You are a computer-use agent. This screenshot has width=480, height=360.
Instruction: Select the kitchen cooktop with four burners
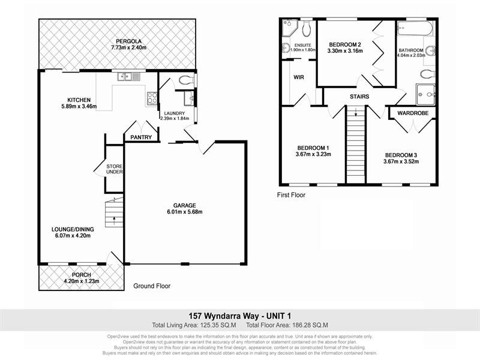[x=151, y=98]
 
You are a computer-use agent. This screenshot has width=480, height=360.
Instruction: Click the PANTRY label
[x=141, y=137]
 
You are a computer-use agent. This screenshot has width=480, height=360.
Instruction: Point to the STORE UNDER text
[x=114, y=169]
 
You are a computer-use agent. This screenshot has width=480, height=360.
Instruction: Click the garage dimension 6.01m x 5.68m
[x=184, y=212]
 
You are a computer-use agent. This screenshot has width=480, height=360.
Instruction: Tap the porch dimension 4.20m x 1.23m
[x=81, y=281]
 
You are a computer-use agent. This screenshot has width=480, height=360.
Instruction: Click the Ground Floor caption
[x=151, y=286]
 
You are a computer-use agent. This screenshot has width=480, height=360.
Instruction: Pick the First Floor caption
[x=291, y=195]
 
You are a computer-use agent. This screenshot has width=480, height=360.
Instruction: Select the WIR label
[x=299, y=77]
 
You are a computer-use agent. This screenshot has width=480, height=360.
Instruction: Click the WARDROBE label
[x=411, y=112]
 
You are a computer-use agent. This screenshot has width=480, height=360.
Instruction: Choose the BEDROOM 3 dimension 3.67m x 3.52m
[x=401, y=161]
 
